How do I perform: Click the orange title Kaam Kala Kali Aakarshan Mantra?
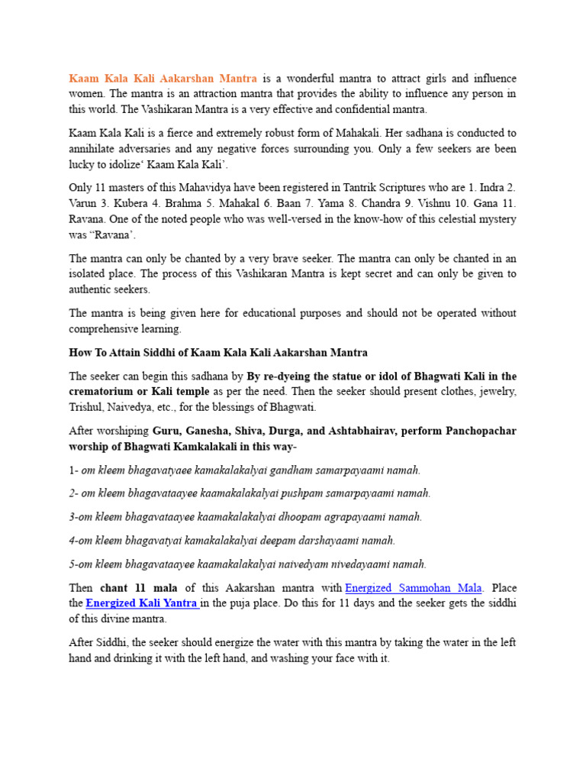(163, 79)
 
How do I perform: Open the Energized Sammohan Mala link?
(414, 588)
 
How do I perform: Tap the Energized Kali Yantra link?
(143, 603)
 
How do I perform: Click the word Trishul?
(89, 408)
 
